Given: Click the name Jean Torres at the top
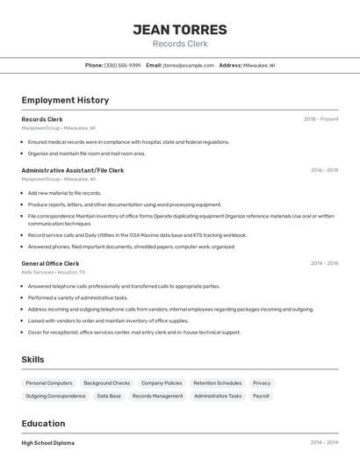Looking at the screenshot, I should pos(180,30).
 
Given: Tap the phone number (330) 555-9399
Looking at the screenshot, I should pos(122,65).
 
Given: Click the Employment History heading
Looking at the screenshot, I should pos(65,100).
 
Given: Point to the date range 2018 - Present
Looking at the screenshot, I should pos(321,118).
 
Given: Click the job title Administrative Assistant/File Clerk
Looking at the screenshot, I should pos(72,170).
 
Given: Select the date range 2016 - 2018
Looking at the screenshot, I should pos(324,170).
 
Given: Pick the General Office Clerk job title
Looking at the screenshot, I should pos(50,263).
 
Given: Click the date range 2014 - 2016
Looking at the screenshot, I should pos(324,263).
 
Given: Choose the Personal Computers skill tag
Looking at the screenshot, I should pos(49,383).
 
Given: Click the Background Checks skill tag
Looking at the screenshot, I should pos(106,383).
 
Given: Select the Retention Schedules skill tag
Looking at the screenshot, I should pos(217,383).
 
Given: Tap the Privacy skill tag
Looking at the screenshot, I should pos(262,383).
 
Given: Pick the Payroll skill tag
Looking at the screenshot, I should pos(261,396).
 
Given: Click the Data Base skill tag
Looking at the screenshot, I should pos(109,396).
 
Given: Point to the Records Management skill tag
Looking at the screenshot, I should pos(157,396).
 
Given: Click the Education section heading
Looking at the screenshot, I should pos(43,423).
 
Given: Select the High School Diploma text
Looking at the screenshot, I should pos(48,443).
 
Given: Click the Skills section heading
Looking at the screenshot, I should pos(32,360).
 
